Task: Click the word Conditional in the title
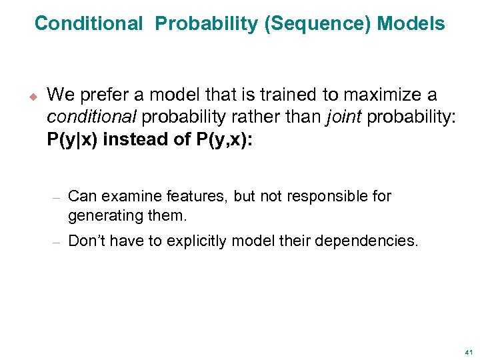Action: pos(88,24)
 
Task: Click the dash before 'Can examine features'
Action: pos(57,197)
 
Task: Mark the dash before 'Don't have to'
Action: pos(57,242)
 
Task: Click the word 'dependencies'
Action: pos(366,241)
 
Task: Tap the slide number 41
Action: pos(468,351)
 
